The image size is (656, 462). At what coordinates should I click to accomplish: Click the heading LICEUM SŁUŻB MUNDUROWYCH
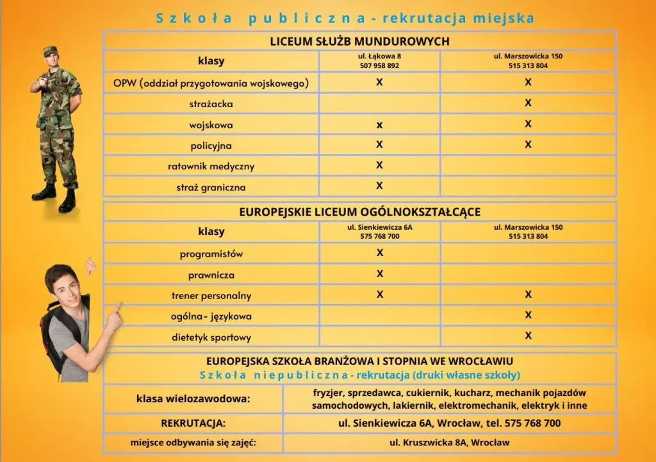click(359, 41)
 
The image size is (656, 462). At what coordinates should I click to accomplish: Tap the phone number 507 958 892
click(379, 66)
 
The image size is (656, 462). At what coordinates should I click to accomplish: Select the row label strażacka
click(211, 103)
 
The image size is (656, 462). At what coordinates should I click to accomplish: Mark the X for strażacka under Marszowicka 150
click(528, 103)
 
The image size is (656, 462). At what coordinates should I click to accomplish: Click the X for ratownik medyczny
click(379, 165)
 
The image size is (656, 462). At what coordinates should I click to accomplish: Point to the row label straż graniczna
click(211, 187)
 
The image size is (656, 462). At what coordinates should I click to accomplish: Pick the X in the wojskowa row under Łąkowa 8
click(379, 124)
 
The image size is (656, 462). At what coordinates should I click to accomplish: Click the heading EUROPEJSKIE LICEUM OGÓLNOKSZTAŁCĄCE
click(359, 212)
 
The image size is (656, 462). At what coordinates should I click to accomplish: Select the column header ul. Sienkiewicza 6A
click(380, 227)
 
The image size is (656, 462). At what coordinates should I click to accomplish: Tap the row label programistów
click(211, 254)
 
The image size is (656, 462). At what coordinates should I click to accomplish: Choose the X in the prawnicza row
click(380, 274)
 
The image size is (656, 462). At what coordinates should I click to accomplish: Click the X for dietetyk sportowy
click(528, 336)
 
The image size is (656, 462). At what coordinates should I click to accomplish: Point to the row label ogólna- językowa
click(211, 316)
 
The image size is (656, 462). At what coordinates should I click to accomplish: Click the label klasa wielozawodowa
click(193, 399)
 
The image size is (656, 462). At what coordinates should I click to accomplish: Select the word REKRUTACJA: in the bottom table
click(193, 424)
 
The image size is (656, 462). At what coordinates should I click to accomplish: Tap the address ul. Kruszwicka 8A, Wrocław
click(450, 443)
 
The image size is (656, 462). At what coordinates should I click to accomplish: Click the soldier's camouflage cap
click(51, 51)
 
